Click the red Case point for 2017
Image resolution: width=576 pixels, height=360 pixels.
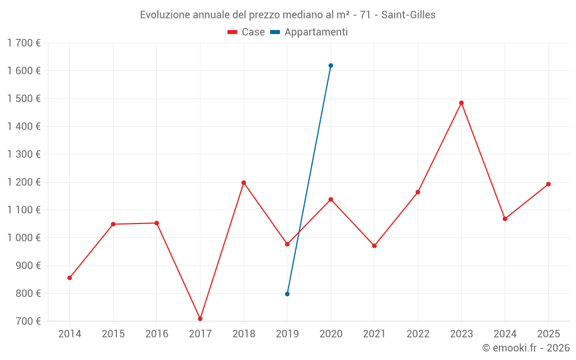click(x=200, y=319)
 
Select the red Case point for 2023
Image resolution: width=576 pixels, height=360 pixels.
click(x=461, y=103)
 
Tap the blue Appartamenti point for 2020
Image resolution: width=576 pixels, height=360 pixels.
click(x=331, y=66)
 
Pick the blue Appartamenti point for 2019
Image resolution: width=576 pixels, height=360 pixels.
click(x=287, y=294)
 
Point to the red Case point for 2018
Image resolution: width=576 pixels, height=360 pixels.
click(x=244, y=183)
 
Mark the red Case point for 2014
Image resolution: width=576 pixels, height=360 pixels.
click(x=70, y=278)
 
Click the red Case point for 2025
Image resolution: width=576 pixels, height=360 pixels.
click(x=548, y=184)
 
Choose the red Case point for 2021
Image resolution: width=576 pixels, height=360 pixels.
click(x=374, y=246)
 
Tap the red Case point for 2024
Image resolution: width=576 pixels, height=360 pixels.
click(x=505, y=219)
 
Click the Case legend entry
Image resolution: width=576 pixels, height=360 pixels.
click(x=247, y=32)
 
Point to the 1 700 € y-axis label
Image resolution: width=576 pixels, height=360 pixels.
click(x=24, y=43)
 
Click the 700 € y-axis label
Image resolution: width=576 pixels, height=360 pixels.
click(x=28, y=321)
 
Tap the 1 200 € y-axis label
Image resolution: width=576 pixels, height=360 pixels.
click(x=24, y=182)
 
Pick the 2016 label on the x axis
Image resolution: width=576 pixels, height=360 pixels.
click(x=157, y=334)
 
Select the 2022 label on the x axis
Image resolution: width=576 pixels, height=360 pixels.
click(x=418, y=334)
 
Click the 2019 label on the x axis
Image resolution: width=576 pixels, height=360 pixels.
click(x=287, y=334)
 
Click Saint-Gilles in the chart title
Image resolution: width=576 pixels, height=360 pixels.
click(x=408, y=15)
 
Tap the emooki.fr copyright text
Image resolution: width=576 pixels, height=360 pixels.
click(x=526, y=348)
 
